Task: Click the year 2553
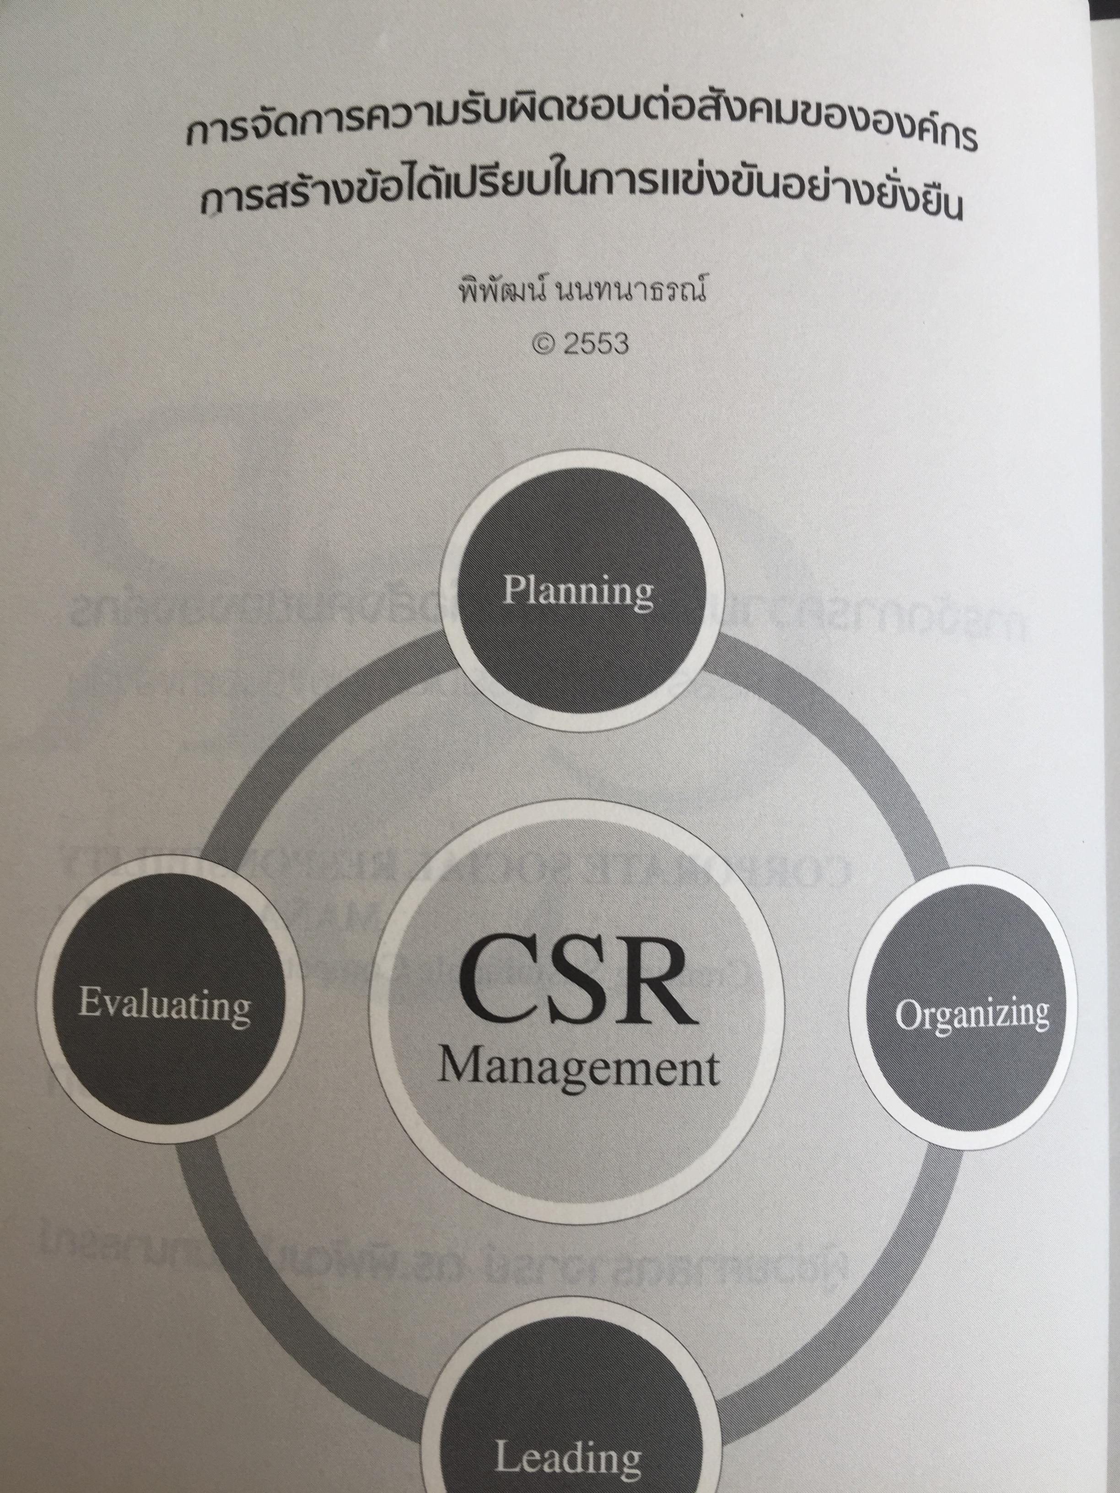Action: (595, 344)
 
